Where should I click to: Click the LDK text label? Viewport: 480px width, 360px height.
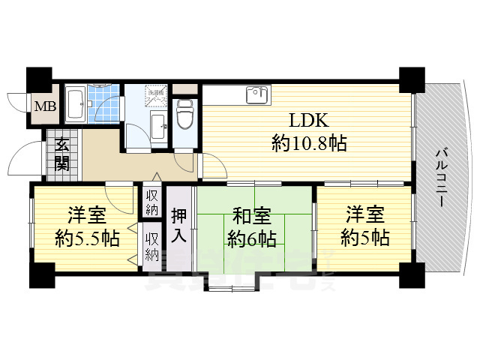[308, 121]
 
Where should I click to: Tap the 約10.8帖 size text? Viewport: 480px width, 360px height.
[308, 143]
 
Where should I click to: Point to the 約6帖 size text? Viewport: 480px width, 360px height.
[252, 240]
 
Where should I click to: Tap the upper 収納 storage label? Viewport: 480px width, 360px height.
[152, 201]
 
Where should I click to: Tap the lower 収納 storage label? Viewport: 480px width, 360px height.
[152, 245]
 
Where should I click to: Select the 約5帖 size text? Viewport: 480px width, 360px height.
[364, 238]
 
